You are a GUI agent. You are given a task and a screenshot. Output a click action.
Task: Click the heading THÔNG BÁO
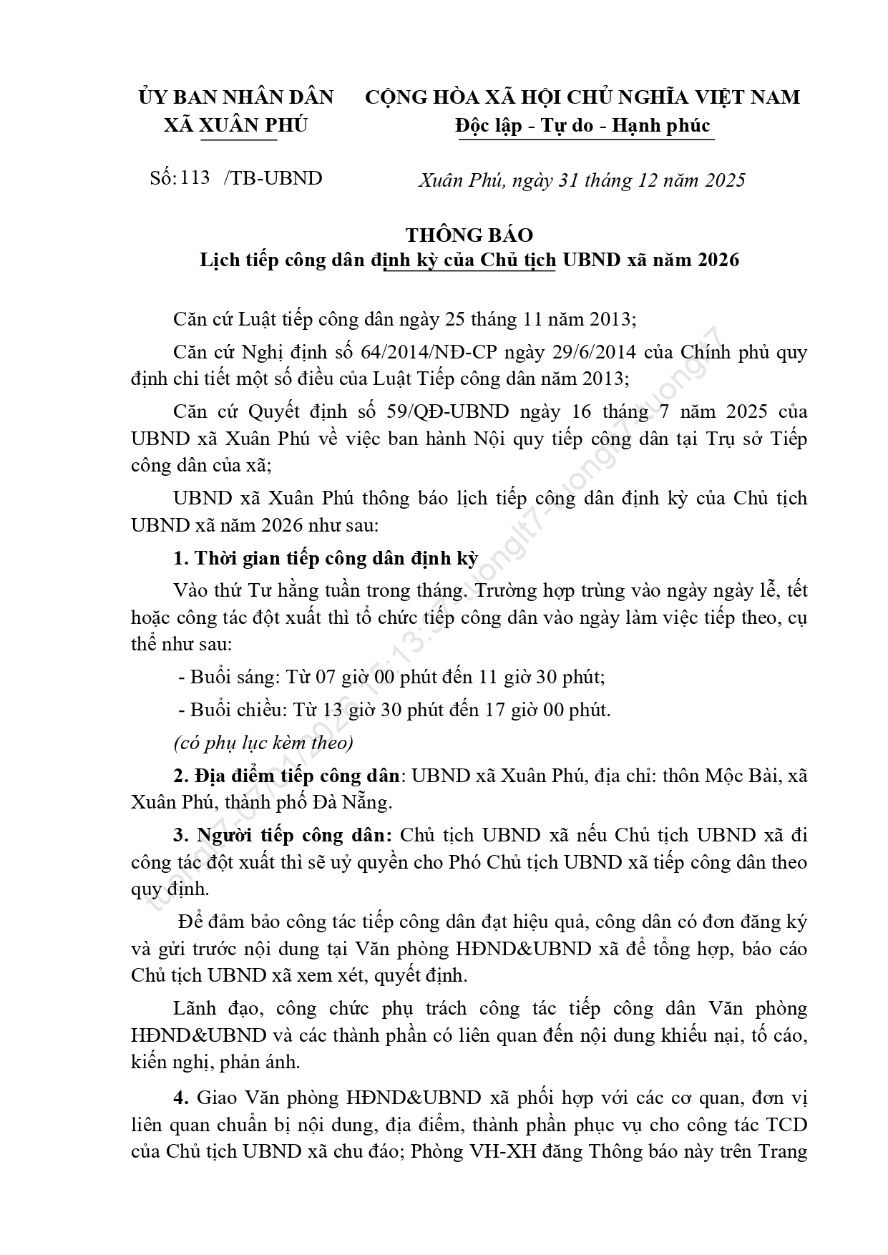469,235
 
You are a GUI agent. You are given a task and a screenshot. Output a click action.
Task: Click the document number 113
195,177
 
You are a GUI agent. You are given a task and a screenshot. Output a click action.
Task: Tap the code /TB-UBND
273,178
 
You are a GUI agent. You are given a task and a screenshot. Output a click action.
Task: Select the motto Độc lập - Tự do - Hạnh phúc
583,126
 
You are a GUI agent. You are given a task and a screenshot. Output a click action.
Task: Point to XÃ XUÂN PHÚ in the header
235,125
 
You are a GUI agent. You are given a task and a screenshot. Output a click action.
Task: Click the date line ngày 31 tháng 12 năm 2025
615,180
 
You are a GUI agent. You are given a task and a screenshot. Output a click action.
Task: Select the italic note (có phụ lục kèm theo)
263,743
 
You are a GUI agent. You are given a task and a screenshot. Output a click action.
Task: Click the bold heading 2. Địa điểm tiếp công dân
286,776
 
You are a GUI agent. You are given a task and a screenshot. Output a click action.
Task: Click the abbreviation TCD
786,1124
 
